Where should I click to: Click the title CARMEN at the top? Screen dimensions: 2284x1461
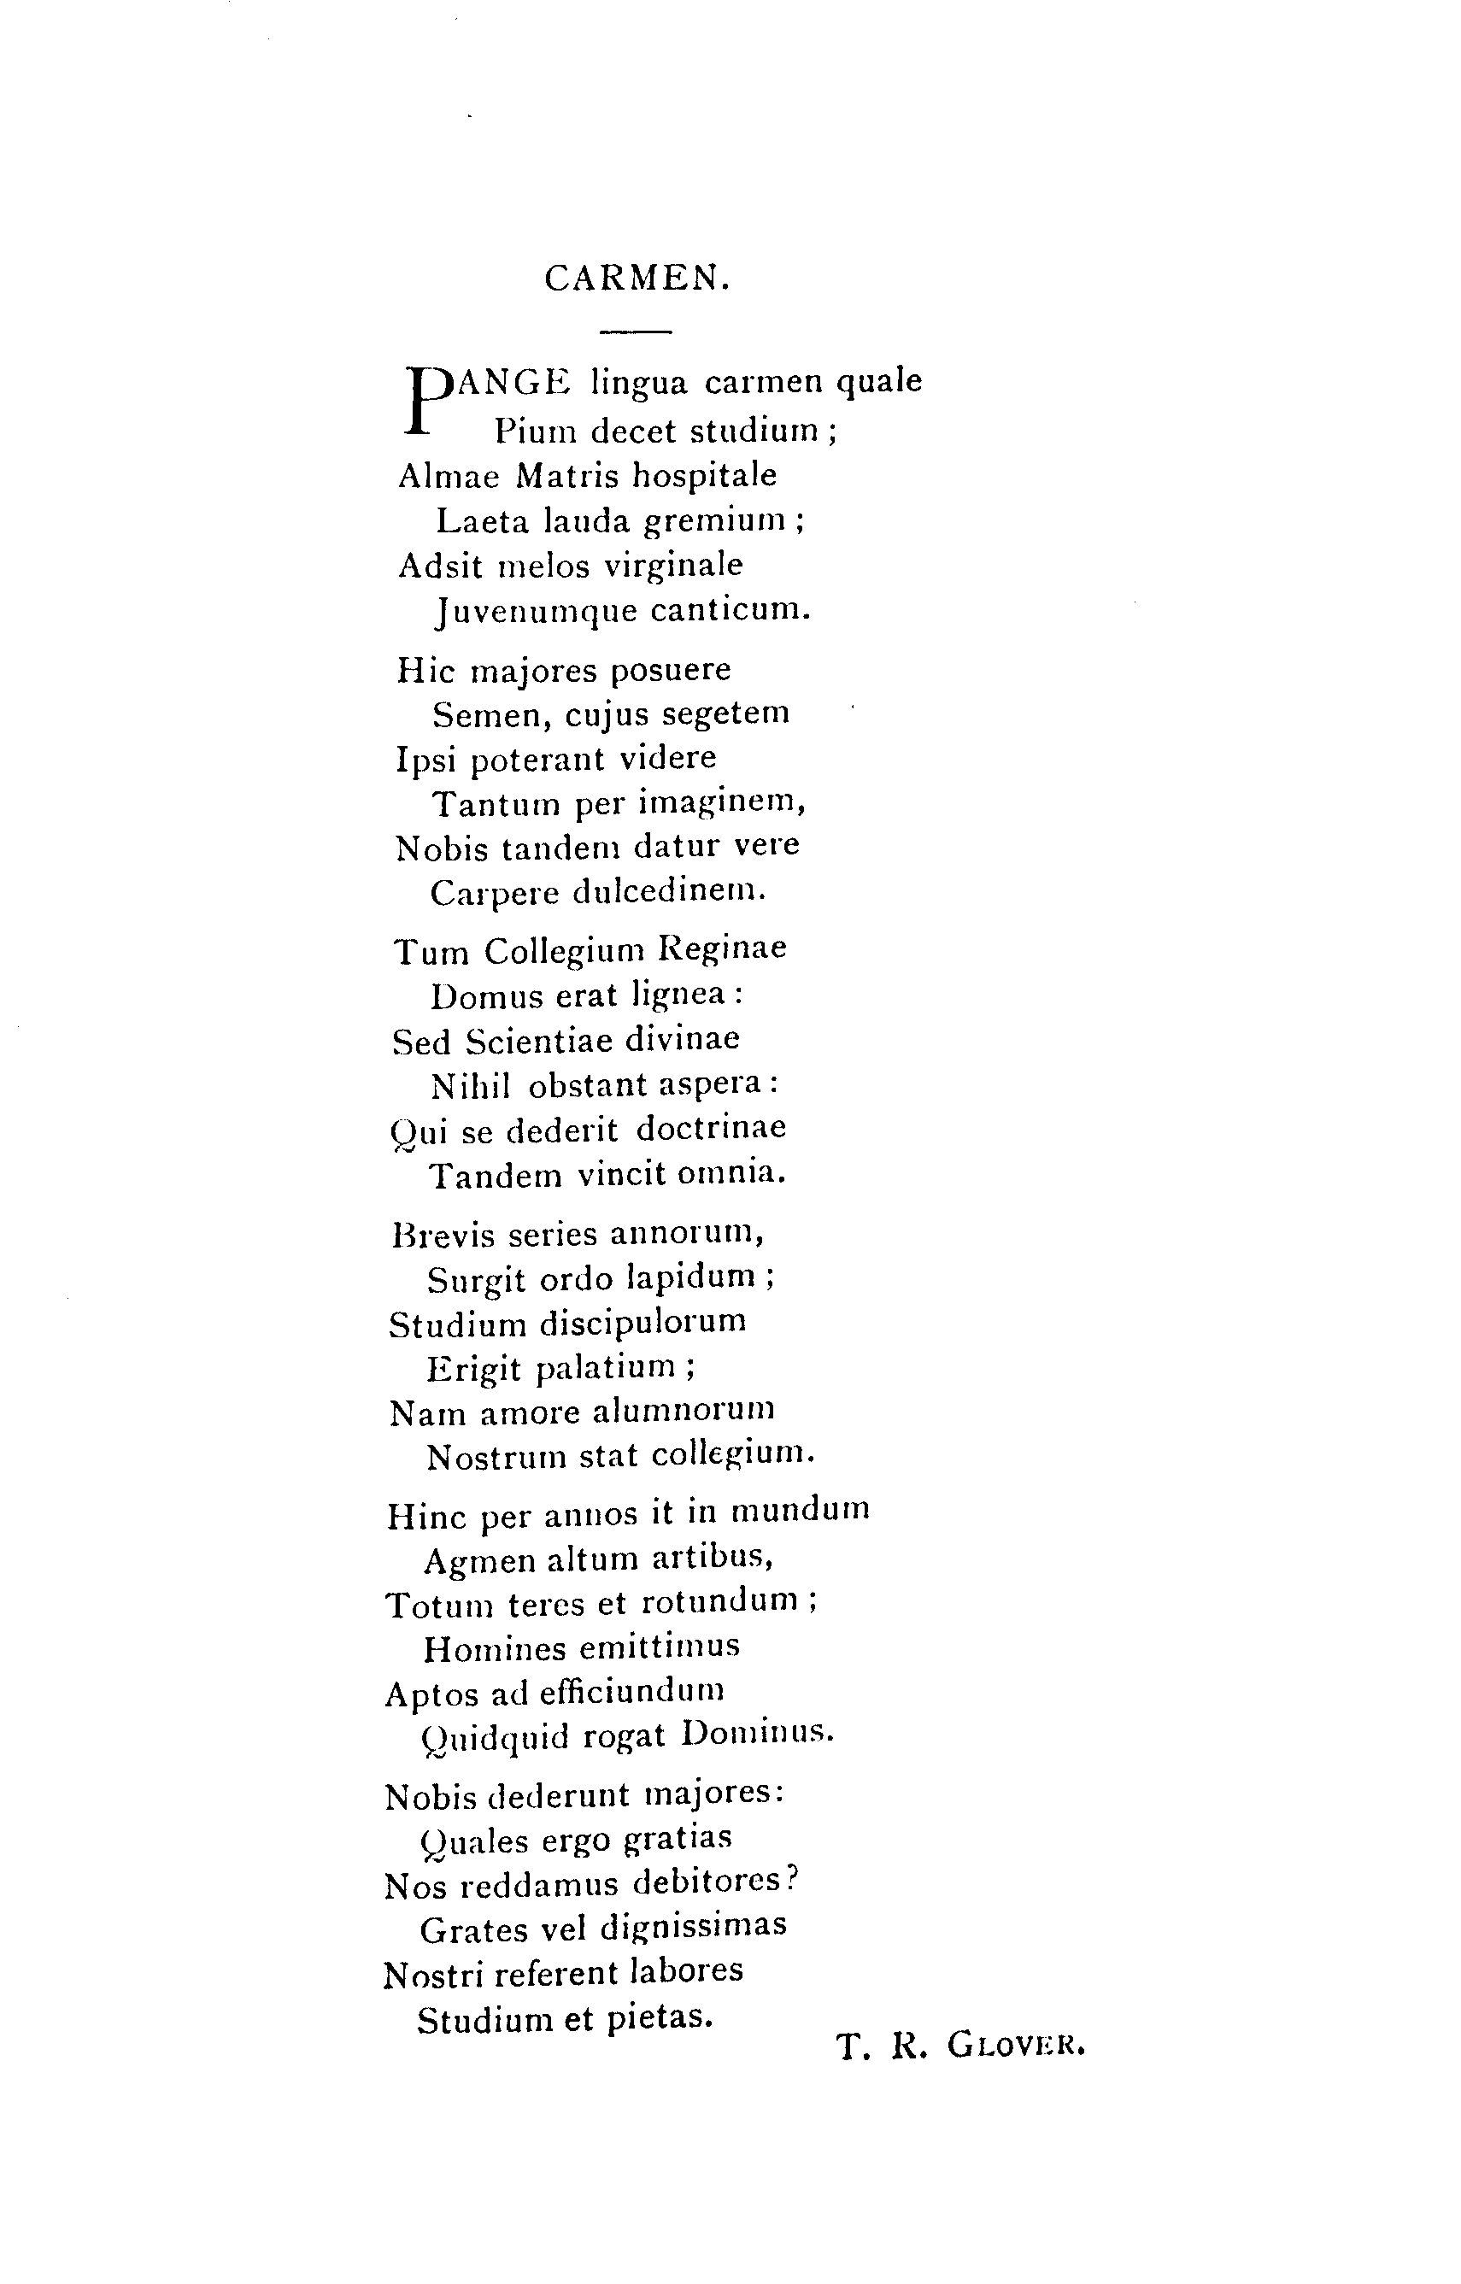coord(637,278)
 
